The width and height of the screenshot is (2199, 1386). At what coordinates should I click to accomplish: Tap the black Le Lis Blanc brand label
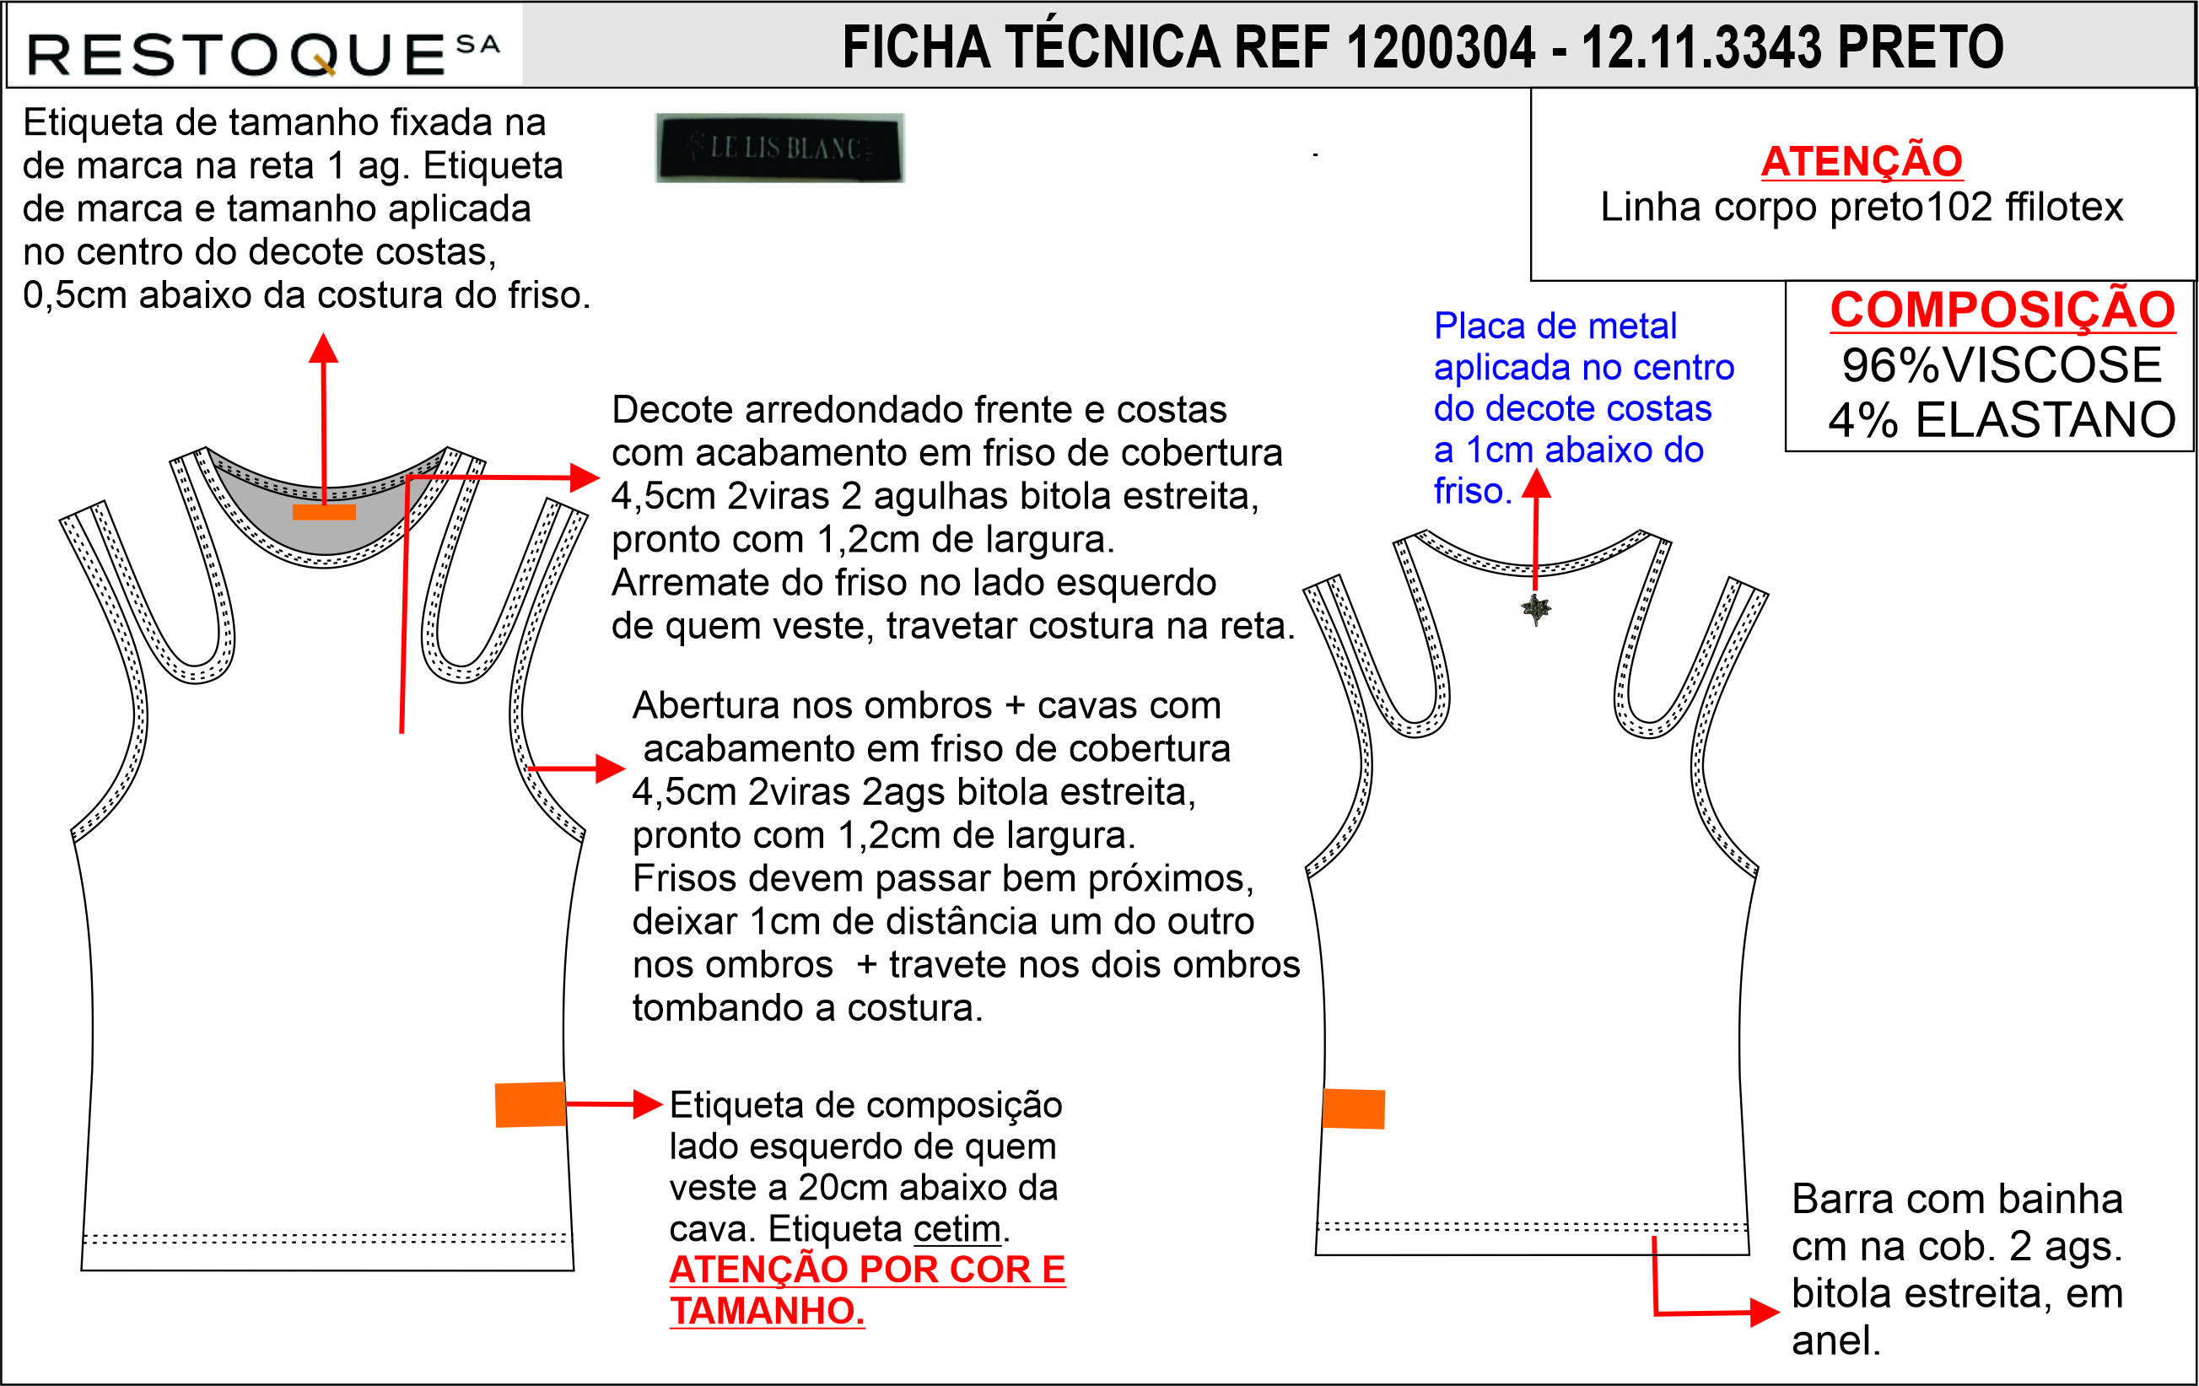780,148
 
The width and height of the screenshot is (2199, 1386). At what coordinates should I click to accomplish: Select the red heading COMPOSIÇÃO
2002,310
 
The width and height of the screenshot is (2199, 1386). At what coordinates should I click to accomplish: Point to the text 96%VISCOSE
2002,365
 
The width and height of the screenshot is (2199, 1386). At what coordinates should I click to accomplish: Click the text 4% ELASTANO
2002,420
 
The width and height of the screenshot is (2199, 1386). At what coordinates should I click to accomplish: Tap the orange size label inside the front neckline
324,511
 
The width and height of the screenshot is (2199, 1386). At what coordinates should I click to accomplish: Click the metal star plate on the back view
1536,609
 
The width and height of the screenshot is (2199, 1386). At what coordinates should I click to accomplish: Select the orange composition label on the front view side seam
531,1105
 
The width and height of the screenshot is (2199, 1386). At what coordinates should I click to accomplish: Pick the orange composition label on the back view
1353,1108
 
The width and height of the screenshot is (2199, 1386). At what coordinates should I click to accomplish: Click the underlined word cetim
957,1229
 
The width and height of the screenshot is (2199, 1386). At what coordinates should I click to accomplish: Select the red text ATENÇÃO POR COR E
868,1269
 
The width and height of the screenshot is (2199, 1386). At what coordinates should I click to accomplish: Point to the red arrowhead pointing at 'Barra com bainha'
1765,1313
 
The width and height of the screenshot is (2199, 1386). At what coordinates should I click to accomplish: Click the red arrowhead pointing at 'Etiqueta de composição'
648,1104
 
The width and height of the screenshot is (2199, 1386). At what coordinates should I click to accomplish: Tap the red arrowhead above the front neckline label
323,348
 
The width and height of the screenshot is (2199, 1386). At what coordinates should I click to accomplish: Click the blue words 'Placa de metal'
1555,326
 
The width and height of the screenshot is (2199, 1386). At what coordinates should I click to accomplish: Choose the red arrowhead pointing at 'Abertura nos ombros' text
610,769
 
